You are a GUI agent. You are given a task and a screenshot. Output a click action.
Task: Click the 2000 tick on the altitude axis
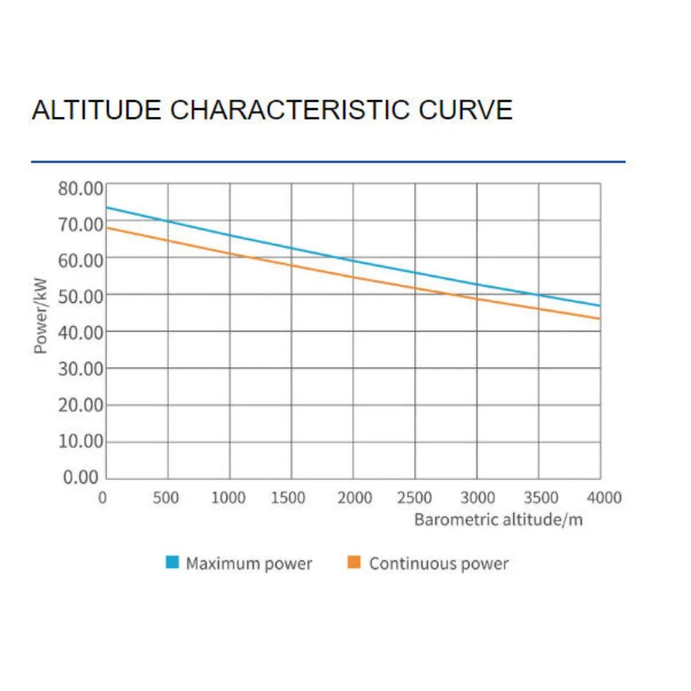(x=353, y=498)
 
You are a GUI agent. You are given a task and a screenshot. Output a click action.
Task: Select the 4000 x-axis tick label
(x=600, y=498)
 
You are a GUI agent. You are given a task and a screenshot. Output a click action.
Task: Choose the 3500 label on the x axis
(x=539, y=498)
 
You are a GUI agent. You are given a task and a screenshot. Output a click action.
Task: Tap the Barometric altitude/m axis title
(x=498, y=519)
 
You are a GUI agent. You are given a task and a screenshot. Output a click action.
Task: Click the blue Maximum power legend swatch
(x=173, y=563)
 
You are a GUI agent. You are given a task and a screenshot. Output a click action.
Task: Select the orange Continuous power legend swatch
(x=354, y=563)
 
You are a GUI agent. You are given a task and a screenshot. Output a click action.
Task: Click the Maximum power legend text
(x=249, y=564)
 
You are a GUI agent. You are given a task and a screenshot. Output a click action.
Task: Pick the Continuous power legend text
(x=439, y=564)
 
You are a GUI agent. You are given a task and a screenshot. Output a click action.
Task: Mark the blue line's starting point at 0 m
(x=107, y=207)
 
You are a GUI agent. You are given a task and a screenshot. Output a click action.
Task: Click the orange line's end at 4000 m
(x=599, y=319)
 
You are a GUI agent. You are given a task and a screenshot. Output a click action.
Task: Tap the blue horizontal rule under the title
(x=328, y=162)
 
